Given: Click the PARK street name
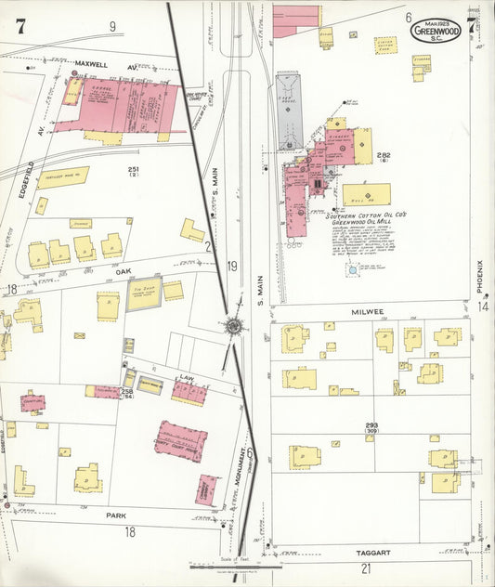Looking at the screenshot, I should point(116,515).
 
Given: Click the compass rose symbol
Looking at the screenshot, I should point(233,327).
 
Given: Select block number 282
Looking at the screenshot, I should point(384,154).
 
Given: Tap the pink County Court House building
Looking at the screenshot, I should point(180,440).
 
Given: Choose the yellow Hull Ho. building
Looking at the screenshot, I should point(366,195).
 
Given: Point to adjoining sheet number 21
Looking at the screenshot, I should point(366,567).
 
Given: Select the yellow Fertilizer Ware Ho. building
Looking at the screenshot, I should point(63,177).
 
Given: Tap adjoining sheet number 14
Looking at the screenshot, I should point(483,306).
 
